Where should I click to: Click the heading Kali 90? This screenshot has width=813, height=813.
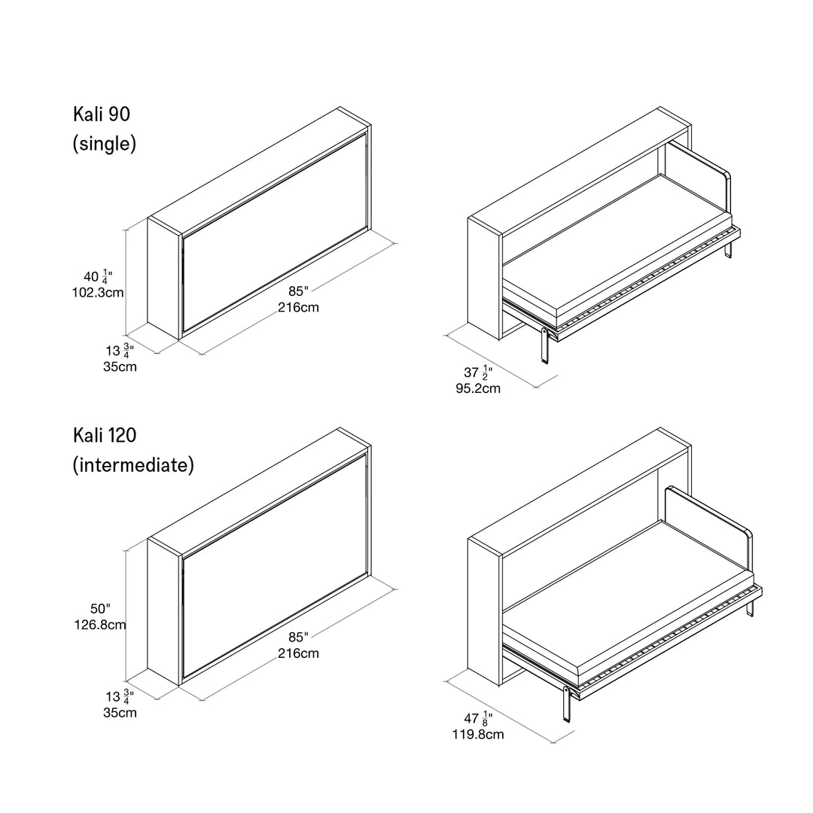102,114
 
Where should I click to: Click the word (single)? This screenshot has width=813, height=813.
105,144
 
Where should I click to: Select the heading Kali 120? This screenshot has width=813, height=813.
105,435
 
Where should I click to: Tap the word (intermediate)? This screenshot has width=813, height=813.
133,465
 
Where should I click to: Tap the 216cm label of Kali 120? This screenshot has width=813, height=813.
298,653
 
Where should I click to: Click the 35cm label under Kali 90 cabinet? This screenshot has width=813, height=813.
120,367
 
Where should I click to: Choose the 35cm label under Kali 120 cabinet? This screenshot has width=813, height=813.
120,712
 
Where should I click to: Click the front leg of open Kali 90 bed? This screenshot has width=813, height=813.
545,347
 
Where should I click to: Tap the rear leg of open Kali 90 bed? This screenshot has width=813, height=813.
729,251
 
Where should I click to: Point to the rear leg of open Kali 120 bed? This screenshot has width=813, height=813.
751,611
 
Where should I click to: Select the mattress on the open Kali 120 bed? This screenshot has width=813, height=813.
625,595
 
